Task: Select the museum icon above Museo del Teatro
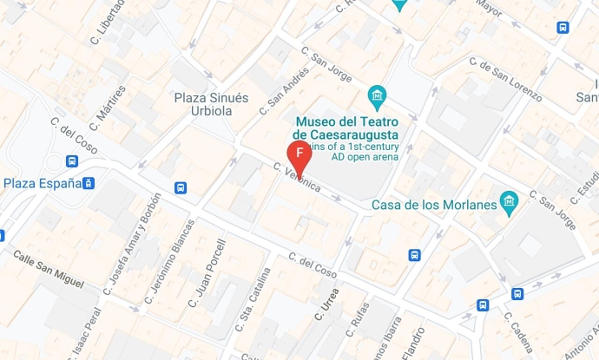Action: [x=377, y=95]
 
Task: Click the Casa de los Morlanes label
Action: [x=434, y=205]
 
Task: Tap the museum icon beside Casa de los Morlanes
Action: [x=510, y=203]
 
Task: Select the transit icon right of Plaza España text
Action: [x=89, y=183]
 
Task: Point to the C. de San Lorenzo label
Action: [x=505, y=75]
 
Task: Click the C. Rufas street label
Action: [x=359, y=319]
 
